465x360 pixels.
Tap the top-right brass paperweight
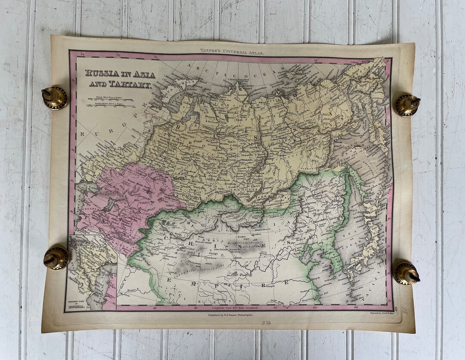407,105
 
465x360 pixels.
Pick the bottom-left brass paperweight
56,258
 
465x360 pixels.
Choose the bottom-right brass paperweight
406,273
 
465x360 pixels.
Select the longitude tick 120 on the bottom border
314,307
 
